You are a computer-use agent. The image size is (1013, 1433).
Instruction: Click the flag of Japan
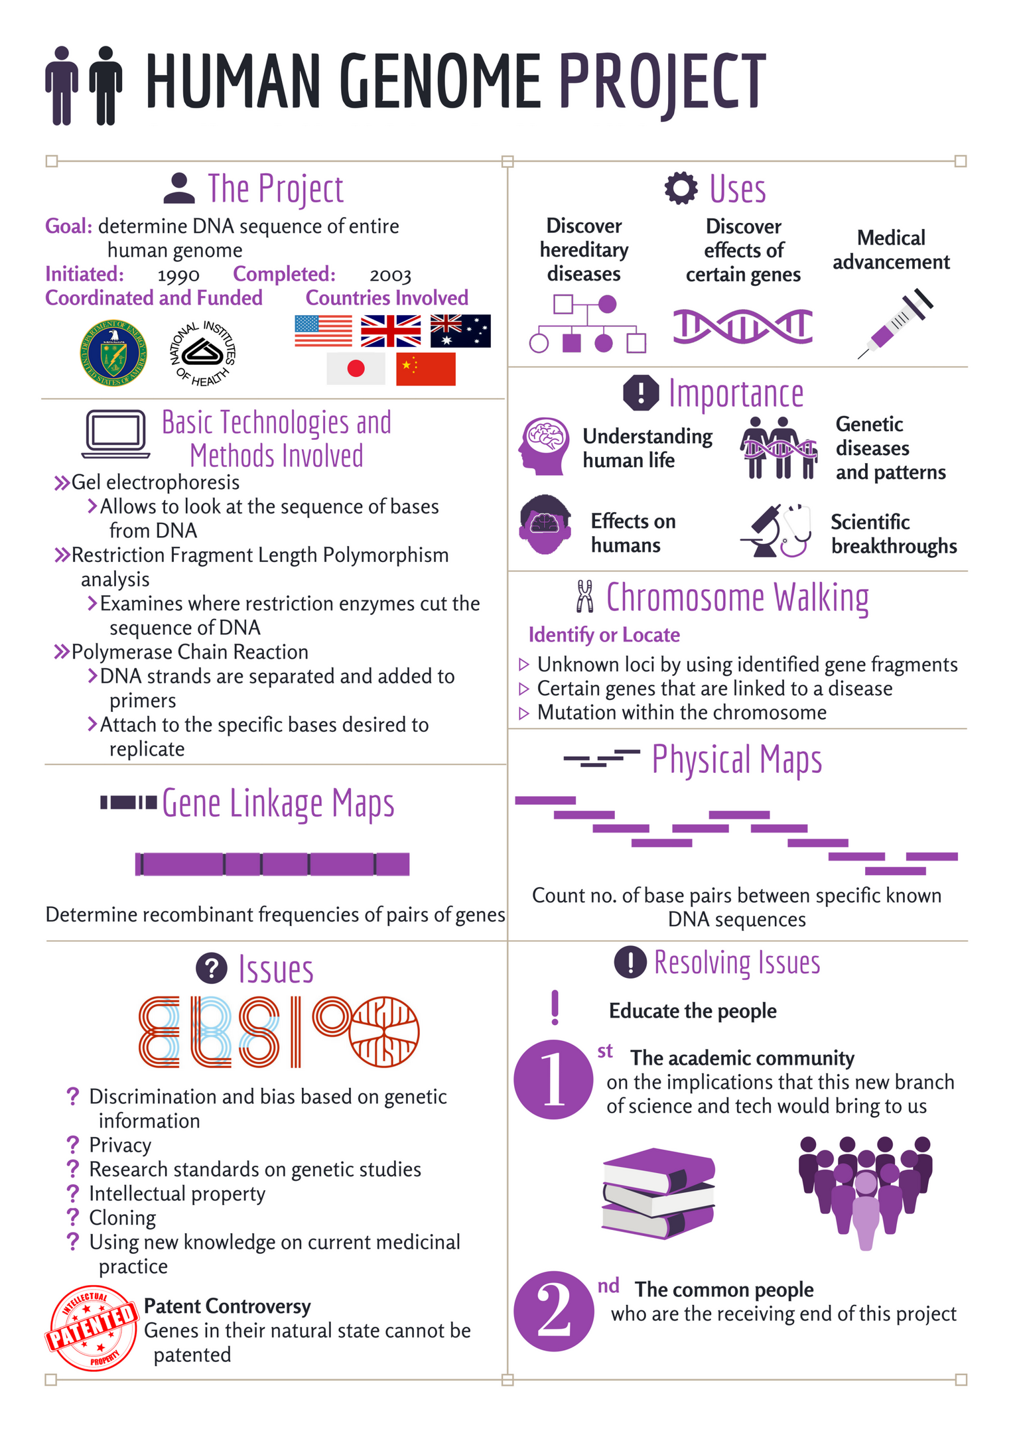[x=356, y=369]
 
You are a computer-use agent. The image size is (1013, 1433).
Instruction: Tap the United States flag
[x=323, y=330]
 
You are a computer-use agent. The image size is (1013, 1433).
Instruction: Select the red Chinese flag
[x=425, y=369]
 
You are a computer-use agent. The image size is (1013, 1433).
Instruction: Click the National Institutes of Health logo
[x=203, y=352]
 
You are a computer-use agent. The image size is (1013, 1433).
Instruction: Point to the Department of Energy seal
[x=113, y=352]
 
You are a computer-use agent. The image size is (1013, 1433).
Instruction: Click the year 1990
[x=178, y=275]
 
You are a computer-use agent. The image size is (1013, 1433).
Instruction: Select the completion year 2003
[x=390, y=275]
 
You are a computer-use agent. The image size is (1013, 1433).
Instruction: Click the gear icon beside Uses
[x=681, y=188]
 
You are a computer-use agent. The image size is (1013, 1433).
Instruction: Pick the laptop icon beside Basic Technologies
[x=116, y=433]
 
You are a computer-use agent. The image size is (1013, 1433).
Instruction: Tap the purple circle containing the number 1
[x=553, y=1079]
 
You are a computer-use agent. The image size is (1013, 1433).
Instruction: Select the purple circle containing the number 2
[x=553, y=1311]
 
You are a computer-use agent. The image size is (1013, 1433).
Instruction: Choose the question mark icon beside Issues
[x=212, y=969]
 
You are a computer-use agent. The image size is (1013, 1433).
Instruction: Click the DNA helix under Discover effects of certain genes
[x=742, y=326]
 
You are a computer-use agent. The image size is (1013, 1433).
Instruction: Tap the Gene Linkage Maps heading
[x=278, y=803]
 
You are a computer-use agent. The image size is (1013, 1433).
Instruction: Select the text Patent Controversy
[x=227, y=1306]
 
